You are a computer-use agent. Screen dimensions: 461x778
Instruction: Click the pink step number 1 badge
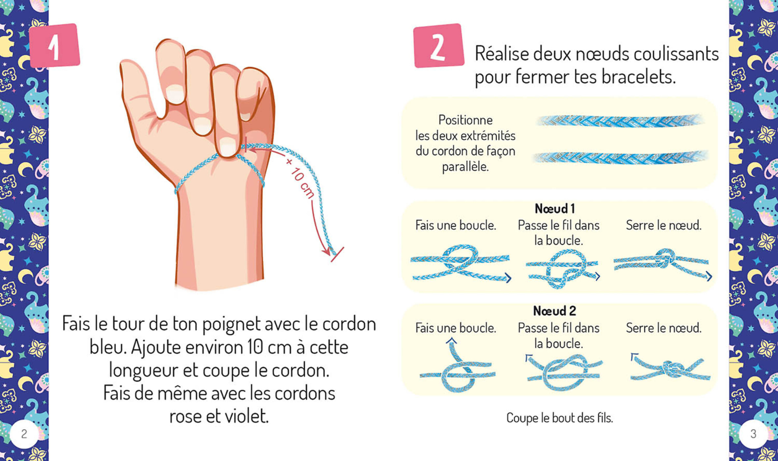click(x=55, y=46)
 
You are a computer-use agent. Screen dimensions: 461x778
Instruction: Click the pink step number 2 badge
click(x=438, y=46)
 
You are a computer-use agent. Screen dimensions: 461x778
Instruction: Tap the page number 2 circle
click(x=24, y=434)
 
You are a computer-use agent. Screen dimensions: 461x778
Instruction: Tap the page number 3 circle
click(x=753, y=434)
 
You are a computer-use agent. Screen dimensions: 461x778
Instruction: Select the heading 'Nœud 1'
click(x=554, y=208)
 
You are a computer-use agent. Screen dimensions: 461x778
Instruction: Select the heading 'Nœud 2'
click(x=554, y=311)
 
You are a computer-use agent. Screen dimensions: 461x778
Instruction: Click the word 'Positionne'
click(x=465, y=120)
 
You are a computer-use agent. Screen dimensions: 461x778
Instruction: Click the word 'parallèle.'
click(x=465, y=167)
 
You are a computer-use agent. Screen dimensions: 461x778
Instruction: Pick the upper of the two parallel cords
click(x=620, y=121)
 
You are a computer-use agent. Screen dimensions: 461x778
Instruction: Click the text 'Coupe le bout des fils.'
click(x=559, y=418)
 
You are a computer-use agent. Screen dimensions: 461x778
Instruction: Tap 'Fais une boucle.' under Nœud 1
click(x=456, y=225)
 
